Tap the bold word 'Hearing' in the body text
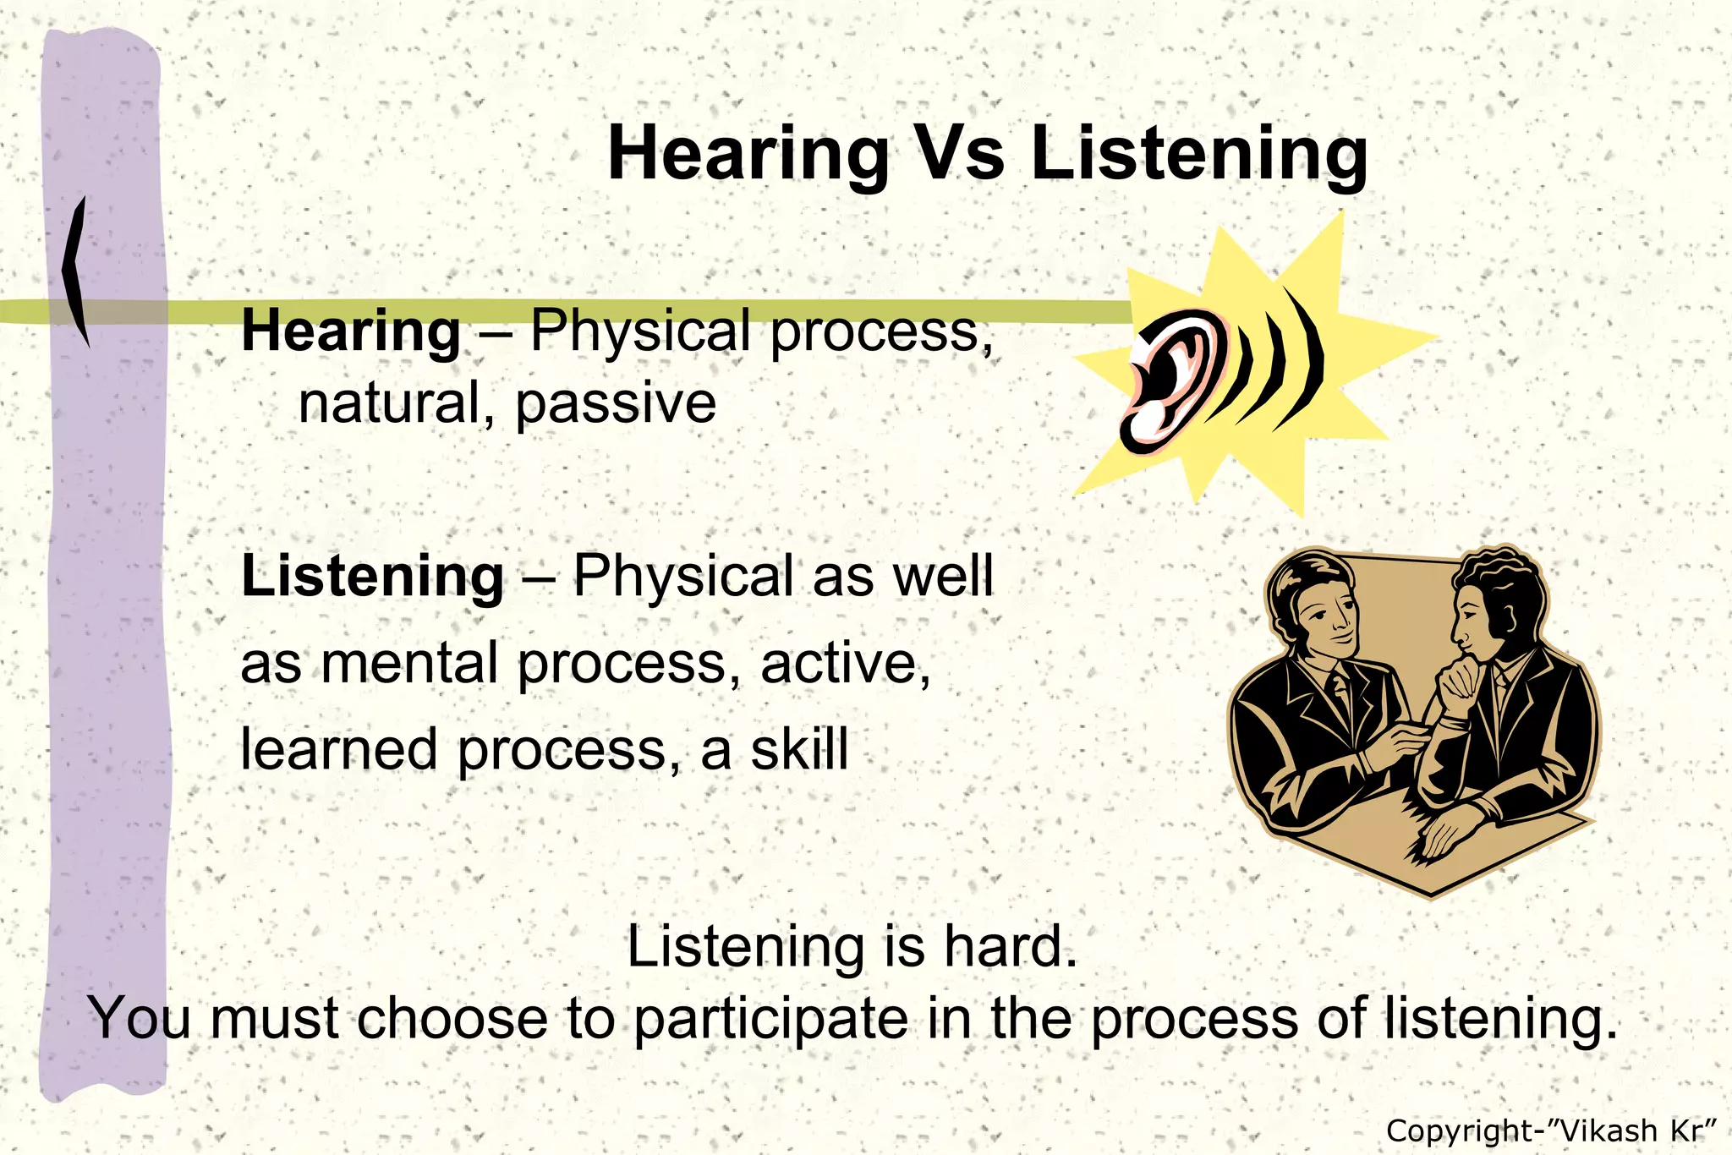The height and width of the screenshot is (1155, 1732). tap(351, 331)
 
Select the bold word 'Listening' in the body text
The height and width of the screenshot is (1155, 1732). tap(372, 576)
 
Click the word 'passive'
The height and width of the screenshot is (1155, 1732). tap(615, 403)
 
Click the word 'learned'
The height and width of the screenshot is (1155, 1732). tap(338, 749)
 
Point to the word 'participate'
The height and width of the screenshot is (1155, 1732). tap(770, 1019)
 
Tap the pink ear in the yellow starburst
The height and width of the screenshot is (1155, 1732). tap(1171, 380)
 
